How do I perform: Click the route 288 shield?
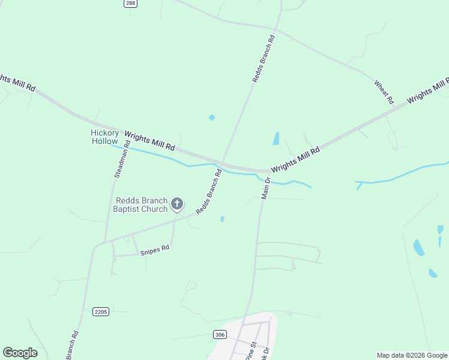click(x=130, y=4)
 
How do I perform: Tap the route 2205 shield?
click(x=101, y=311)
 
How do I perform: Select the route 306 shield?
click(x=220, y=334)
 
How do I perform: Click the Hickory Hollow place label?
click(x=104, y=137)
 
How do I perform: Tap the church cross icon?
click(x=176, y=204)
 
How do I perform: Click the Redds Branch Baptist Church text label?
click(x=141, y=205)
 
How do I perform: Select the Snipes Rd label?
click(x=155, y=250)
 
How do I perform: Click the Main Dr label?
click(x=266, y=187)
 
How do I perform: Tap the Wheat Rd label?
click(x=384, y=91)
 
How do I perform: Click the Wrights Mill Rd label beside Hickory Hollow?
click(x=149, y=139)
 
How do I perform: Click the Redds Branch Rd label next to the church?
click(x=209, y=192)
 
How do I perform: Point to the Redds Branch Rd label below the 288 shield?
click(x=263, y=58)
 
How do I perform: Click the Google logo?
click(x=20, y=352)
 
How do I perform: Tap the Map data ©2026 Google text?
click(x=412, y=355)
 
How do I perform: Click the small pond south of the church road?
click(x=222, y=219)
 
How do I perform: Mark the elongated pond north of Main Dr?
click(x=276, y=139)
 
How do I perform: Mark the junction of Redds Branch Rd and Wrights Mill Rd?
click(x=222, y=163)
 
